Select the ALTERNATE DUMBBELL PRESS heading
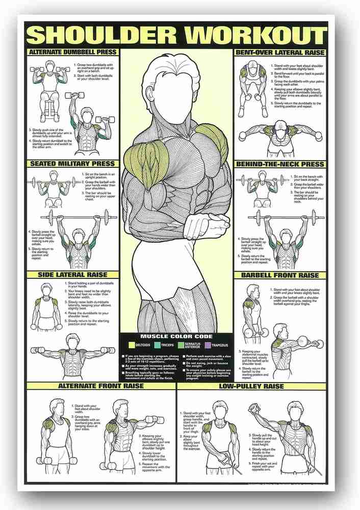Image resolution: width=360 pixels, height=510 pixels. [72, 52]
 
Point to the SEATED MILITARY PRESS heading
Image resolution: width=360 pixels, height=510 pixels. [72, 164]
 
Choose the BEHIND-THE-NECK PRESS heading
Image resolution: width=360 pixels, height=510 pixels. [279, 164]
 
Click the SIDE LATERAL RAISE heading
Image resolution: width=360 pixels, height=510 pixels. [72, 274]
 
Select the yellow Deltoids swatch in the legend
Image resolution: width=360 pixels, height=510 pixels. [132, 345]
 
